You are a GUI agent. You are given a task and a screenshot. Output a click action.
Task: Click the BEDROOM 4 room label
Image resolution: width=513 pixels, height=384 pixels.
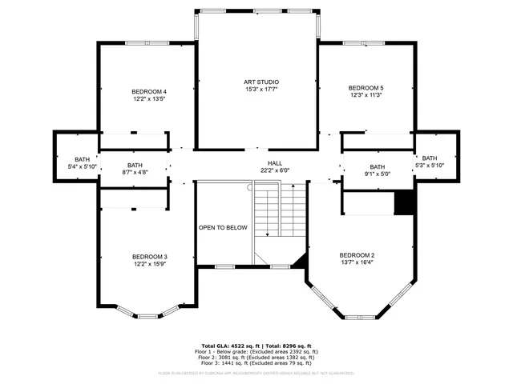150,91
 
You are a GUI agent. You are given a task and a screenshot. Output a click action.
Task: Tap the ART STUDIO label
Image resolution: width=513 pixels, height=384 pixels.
261,82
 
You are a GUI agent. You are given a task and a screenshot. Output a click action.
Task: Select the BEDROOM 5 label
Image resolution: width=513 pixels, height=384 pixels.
366,87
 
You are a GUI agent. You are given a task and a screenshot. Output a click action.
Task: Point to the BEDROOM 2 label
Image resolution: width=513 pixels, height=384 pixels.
357,254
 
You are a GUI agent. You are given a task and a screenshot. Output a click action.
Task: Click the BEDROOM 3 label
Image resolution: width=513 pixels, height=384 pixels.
150,256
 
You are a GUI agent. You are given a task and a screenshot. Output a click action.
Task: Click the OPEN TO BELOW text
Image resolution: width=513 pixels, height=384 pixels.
223,228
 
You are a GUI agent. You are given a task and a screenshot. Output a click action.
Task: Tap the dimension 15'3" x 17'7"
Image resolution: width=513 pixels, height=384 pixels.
261,90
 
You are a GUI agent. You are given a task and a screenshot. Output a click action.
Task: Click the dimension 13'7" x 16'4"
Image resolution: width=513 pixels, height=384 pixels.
357,262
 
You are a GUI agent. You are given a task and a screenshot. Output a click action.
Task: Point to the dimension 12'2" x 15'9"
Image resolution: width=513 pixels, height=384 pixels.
150,264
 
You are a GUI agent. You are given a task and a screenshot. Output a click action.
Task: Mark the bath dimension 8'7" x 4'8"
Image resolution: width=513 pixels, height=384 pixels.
134,172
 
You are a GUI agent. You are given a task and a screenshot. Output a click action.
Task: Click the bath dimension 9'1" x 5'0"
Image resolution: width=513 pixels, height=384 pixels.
377,174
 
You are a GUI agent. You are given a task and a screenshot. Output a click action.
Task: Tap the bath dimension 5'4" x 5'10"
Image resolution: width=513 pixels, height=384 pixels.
83,167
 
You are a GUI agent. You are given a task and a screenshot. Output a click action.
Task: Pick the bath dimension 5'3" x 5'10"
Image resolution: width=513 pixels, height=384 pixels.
430,166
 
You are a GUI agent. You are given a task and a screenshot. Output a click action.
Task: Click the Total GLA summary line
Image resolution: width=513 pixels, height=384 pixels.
256,345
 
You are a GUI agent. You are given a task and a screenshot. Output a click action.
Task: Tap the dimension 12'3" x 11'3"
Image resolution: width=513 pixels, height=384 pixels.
366,95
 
